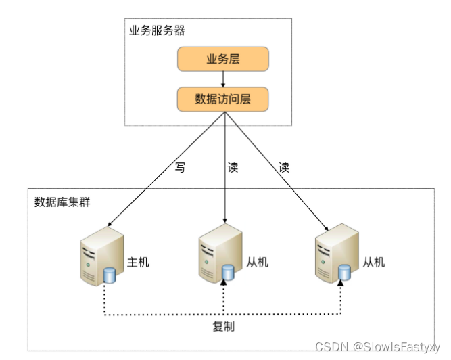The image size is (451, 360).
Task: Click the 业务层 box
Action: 223,59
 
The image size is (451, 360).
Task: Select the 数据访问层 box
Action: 223,99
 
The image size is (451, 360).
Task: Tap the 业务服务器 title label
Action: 157,31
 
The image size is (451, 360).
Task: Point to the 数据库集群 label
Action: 62,203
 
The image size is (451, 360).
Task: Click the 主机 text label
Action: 138,262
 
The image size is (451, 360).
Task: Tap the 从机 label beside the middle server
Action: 257,262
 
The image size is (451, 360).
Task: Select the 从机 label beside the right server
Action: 374,262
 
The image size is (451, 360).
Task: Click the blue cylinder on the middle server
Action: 228,273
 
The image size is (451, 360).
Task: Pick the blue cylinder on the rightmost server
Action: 345,273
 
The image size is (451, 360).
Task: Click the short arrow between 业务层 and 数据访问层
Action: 223,78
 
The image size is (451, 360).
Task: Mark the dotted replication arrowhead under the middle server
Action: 224,286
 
